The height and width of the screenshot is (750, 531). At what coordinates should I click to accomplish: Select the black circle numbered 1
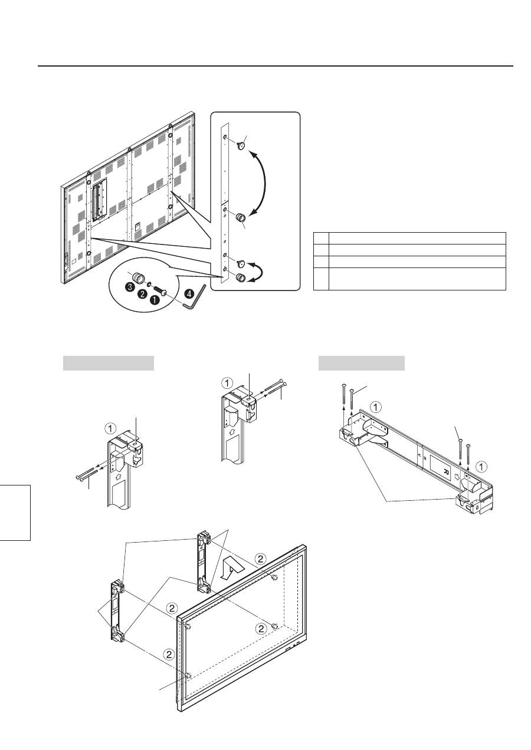click(x=156, y=300)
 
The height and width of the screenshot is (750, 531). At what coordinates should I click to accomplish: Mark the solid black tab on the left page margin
click(x=15, y=511)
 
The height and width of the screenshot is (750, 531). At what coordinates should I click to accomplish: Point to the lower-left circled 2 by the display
click(x=169, y=654)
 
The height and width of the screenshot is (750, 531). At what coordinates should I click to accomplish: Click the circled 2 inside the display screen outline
click(x=263, y=629)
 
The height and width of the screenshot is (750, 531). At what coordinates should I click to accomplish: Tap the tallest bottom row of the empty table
click(x=409, y=279)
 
